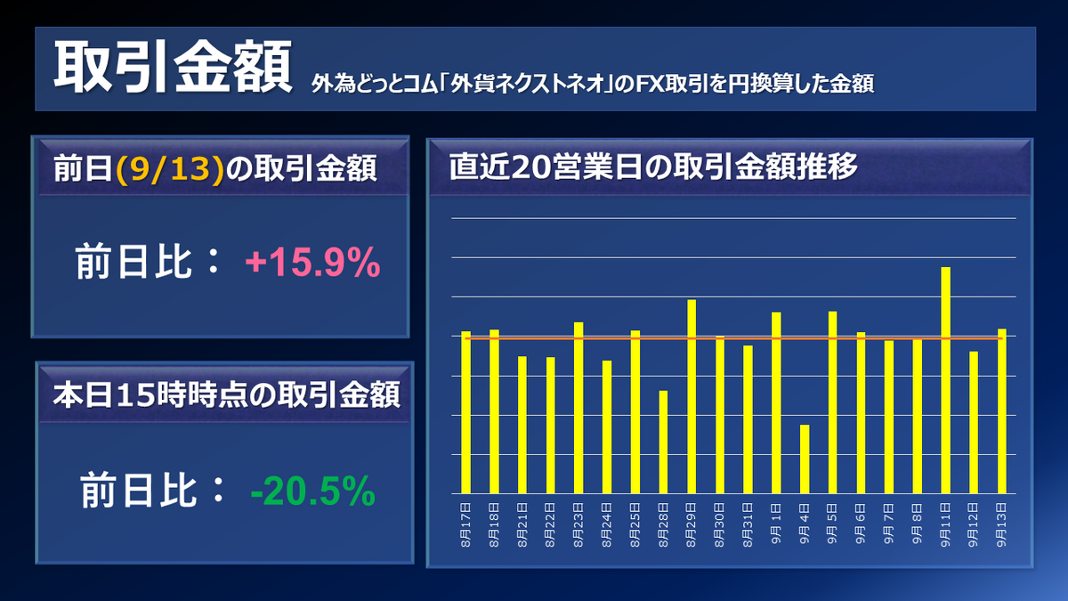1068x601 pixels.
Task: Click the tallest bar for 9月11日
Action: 945,380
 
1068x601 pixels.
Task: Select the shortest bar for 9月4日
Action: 805,459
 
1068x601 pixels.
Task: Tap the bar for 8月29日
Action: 692,396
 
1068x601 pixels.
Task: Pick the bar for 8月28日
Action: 663,442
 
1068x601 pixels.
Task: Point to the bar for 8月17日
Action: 465,412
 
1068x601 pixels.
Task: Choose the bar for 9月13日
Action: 1002,411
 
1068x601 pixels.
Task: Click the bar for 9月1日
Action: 776,402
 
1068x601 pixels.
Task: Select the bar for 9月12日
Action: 974,422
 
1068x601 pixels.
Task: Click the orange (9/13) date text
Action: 168,168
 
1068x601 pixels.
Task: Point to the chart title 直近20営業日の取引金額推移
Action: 653,166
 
